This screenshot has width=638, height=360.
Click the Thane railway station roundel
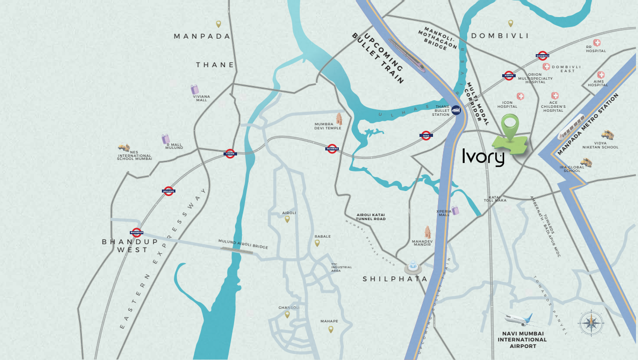[x=230, y=153]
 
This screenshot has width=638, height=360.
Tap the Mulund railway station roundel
[x=168, y=191]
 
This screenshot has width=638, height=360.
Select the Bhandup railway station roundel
[x=136, y=232]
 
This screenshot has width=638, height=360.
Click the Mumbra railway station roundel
[x=332, y=148]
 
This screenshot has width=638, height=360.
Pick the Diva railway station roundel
[x=426, y=135]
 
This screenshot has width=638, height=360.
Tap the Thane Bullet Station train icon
[x=456, y=109]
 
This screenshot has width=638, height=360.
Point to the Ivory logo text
[x=483, y=158]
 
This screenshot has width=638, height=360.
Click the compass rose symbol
[x=590, y=323]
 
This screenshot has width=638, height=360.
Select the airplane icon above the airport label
[x=518, y=319]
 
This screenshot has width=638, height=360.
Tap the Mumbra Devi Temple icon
[x=339, y=119]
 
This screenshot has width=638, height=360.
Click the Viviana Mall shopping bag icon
[x=195, y=90]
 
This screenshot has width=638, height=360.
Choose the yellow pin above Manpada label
[x=219, y=24]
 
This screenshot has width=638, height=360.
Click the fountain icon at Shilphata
[x=412, y=266]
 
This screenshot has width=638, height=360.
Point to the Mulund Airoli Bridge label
[x=243, y=244]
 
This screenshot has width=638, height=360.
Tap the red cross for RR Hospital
[x=597, y=43]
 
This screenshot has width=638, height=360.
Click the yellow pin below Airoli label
[x=287, y=219]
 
